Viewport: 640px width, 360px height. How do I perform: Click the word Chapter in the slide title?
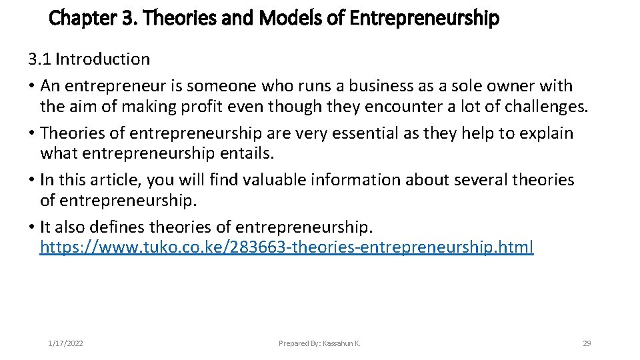[x=75, y=18]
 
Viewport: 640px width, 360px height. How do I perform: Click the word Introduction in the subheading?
[x=103, y=59]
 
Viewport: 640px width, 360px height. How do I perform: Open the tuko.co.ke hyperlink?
[x=287, y=247]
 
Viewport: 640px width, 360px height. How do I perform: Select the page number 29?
[x=587, y=343]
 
